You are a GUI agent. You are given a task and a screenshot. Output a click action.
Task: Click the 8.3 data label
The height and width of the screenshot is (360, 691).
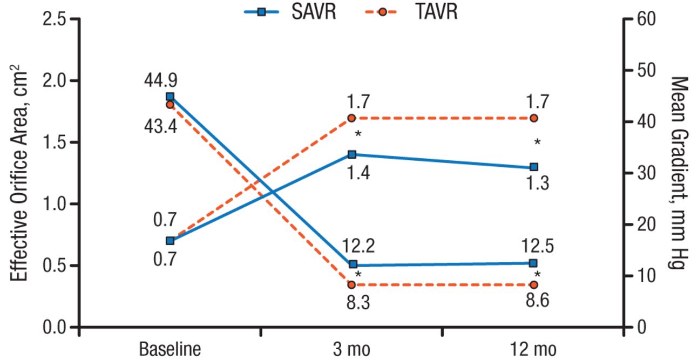[x=358, y=302]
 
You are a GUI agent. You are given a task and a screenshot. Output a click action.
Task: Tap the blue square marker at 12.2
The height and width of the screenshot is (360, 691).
[x=353, y=264]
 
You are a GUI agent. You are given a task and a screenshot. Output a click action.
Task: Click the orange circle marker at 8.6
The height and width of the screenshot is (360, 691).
[x=534, y=284]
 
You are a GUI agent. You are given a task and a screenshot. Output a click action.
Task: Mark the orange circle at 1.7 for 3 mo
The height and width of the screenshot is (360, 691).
[x=351, y=118]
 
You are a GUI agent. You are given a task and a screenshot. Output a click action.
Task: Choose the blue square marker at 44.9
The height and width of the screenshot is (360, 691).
[x=170, y=97]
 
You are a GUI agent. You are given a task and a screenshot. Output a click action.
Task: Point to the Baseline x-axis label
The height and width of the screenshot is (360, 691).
[x=170, y=349]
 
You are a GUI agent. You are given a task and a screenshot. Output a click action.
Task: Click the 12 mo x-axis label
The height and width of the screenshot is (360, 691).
[x=533, y=349]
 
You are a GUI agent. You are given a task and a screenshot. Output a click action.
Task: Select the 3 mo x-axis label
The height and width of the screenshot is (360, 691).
[x=351, y=349]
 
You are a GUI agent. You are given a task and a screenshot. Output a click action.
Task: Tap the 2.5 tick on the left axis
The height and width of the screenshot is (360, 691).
[x=54, y=19]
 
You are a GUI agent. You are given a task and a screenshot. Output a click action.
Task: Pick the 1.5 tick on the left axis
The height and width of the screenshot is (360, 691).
[x=54, y=142]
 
